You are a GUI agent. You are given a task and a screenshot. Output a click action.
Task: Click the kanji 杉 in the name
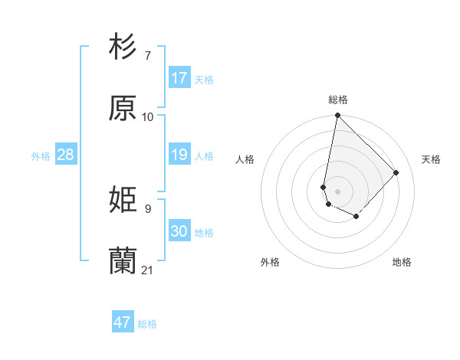[123, 47]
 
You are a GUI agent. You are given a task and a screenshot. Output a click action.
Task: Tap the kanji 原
[123, 109]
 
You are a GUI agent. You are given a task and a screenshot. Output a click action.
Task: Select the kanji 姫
[123, 201]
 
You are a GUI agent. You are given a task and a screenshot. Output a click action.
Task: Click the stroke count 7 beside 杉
[148, 56]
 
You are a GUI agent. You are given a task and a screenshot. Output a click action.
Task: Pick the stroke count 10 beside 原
[148, 117]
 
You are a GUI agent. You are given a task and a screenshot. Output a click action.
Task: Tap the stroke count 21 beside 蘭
[148, 270]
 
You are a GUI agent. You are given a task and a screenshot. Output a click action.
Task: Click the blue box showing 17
[179, 78]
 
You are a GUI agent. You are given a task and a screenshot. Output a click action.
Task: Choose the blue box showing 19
[179, 155]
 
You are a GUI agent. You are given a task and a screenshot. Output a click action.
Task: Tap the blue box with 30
[179, 231]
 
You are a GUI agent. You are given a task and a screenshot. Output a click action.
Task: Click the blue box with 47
[123, 322]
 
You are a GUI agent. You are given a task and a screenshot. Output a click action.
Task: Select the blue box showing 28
[66, 155]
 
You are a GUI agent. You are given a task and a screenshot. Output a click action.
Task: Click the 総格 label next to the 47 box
[147, 324]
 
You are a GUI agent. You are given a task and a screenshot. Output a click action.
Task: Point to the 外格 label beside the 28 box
[41, 156]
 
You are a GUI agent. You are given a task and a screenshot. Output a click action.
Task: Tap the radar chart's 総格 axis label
[338, 100]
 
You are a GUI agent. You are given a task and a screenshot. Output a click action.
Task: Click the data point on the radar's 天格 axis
[396, 172]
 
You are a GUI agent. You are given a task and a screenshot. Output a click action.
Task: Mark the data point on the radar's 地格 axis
[356, 217]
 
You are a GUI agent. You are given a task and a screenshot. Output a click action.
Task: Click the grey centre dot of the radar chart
[338, 191]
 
